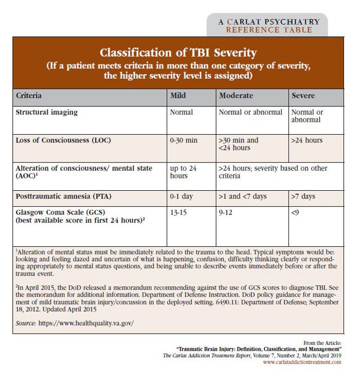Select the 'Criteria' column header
tap(29, 96)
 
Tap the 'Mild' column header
tap(178, 96)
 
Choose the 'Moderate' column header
tap(237, 96)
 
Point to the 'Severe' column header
tap(303, 96)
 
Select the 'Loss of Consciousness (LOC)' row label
tap(63, 140)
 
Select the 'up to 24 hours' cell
tap(183, 172)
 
